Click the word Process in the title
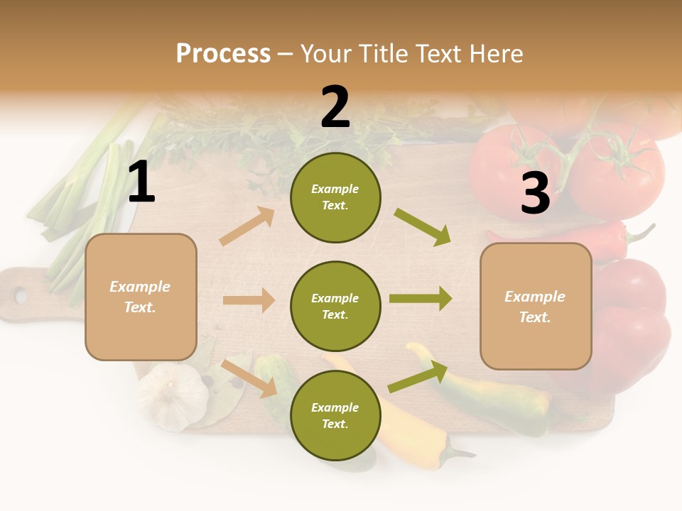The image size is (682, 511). click(223, 53)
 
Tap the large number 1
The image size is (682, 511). click(141, 182)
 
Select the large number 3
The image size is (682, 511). click(535, 193)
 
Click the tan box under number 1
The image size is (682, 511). click(141, 297)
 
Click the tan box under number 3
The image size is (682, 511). click(536, 306)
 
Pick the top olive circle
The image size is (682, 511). click(335, 197)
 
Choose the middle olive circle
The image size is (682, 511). click(335, 306)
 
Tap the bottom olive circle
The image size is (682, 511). click(335, 415)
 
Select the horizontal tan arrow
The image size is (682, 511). click(249, 300)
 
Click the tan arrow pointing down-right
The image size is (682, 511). click(249, 378)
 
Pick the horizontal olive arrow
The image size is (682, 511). click(421, 298)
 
